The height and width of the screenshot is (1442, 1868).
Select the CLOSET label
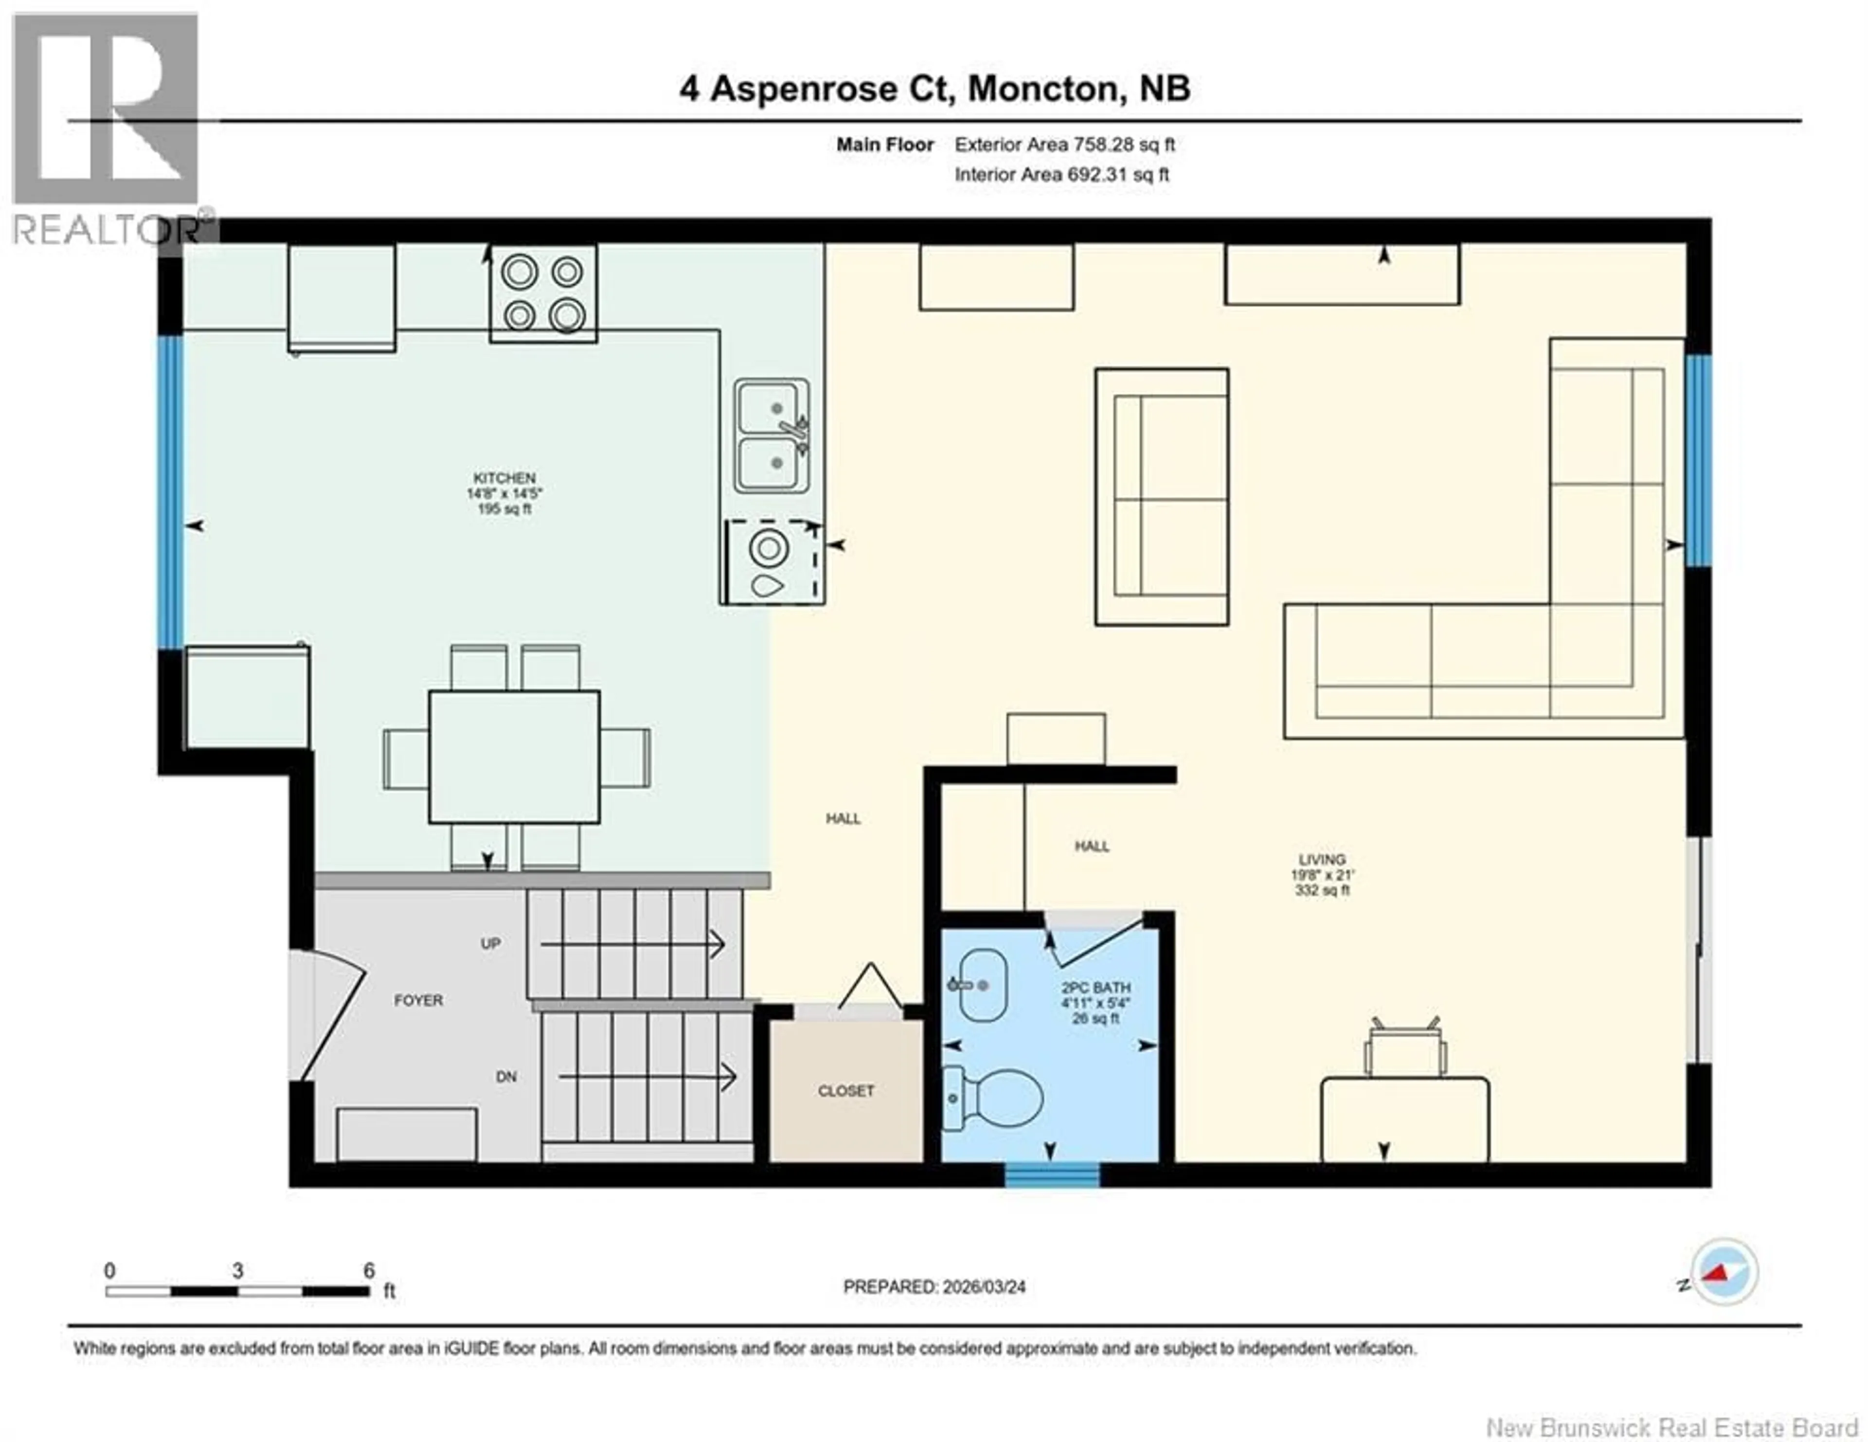846,1090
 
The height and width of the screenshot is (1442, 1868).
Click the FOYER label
418,1000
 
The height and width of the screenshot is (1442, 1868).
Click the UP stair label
490,943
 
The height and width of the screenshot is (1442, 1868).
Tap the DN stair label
506,1077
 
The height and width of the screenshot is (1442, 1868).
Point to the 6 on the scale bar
369,1270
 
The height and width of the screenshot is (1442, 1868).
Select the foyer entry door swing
329,1013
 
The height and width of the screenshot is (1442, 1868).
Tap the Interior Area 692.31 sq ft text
1061,175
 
